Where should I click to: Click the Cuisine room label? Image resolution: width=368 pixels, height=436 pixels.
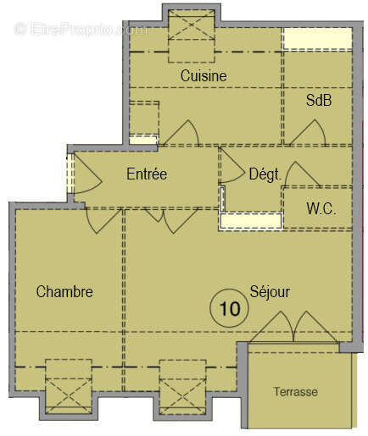pyautogui.click(x=204, y=75)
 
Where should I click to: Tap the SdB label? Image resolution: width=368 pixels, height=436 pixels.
pyautogui.click(x=319, y=100)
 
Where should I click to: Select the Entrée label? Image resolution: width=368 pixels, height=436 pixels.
pyautogui.click(x=147, y=174)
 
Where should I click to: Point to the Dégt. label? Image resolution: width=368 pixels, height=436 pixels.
pyautogui.click(x=265, y=174)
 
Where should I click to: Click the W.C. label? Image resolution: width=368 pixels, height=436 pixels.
pyautogui.click(x=321, y=208)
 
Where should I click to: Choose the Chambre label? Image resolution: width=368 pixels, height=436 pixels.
pyautogui.click(x=64, y=292)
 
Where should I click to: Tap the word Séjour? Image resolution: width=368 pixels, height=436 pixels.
pyautogui.click(x=270, y=292)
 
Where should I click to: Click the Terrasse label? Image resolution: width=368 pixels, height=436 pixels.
pyautogui.click(x=295, y=392)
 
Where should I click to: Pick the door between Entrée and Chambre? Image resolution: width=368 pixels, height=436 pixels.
pyautogui.click(x=102, y=218)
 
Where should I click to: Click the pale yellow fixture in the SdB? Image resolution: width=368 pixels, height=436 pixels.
pyautogui.click(x=315, y=38)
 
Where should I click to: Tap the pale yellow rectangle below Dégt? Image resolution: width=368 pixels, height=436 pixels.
pyautogui.click(x=250, y=221)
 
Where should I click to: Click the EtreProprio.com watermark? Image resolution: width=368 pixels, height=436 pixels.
pyautogui.click(x=81, y=29)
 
